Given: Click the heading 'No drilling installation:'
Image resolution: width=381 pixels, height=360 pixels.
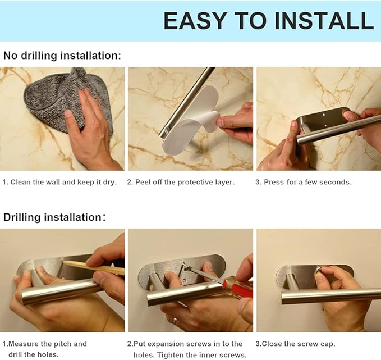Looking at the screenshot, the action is point(62,56).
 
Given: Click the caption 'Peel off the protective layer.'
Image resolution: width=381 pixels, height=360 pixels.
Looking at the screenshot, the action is point(185,182).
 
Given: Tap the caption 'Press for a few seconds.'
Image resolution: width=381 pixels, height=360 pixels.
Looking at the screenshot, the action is point(307,182).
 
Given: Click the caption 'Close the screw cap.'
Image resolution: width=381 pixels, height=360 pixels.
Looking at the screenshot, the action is point(299,344).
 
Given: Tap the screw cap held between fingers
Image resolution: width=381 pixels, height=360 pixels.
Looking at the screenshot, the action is point(318,271).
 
